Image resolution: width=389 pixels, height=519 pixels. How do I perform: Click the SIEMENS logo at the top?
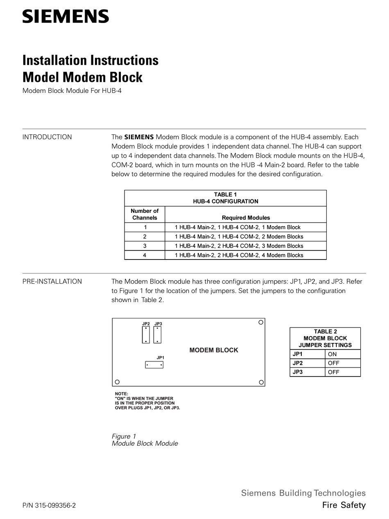(66, 16)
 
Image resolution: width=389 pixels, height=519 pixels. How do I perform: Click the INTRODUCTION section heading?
(47, 137)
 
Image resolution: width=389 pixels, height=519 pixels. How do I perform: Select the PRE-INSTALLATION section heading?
(52, 282)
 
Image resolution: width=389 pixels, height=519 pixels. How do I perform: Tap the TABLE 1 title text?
(225, 195)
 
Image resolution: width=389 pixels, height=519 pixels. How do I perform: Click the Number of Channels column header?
(145, 214)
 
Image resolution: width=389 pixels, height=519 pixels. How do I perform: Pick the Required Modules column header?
(246, 218)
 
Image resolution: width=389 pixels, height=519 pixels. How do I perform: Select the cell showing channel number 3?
(145, 246)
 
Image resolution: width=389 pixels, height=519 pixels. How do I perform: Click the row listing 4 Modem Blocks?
(239, 255)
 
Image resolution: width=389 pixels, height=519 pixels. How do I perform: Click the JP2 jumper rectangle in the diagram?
(146, 335)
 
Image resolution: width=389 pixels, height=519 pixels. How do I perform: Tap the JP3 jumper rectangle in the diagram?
(157, 335)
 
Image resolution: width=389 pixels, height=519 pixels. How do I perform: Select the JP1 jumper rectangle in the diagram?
(154, 365)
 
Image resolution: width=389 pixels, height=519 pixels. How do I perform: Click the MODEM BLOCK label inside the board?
(213, 350)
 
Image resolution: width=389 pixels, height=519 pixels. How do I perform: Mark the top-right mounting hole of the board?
(260, 323)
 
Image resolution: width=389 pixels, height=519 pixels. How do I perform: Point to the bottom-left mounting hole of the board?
(117, 382)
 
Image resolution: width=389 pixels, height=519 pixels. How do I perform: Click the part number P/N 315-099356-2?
(49, 505)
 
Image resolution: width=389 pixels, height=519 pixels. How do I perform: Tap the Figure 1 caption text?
(124, 436)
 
